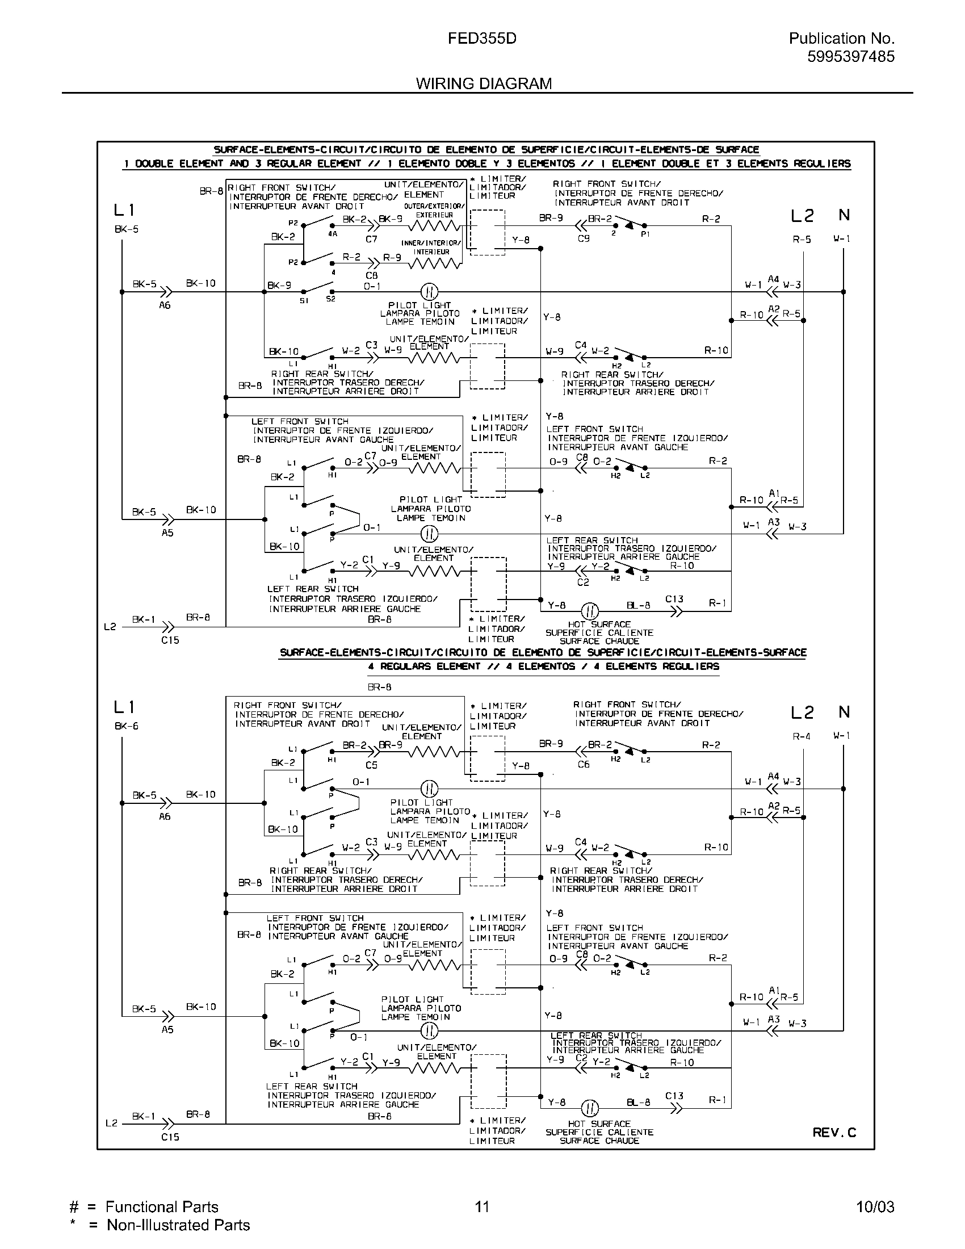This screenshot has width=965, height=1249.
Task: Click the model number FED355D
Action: (482, 38)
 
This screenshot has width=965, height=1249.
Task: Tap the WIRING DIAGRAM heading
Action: (484, 83)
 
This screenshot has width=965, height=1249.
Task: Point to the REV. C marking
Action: (834, 1133)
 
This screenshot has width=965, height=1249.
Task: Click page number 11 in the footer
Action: (482, 1206)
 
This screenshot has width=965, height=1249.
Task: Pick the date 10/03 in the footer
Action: (875, 1206)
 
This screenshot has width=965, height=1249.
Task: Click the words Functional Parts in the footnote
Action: (162, 1206)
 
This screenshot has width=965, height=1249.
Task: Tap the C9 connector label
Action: (583, 238)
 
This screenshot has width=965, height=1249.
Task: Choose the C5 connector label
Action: (372, 765)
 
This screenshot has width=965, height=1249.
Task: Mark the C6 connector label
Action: (583, 764)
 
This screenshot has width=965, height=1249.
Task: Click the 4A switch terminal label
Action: (333, 233)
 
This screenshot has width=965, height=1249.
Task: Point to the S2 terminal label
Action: (331, 299)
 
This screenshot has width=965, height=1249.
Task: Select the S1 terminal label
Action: (304, 301)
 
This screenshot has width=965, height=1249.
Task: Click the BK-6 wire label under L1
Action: (127, 726)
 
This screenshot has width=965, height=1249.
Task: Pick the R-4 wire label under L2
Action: (802, 736)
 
